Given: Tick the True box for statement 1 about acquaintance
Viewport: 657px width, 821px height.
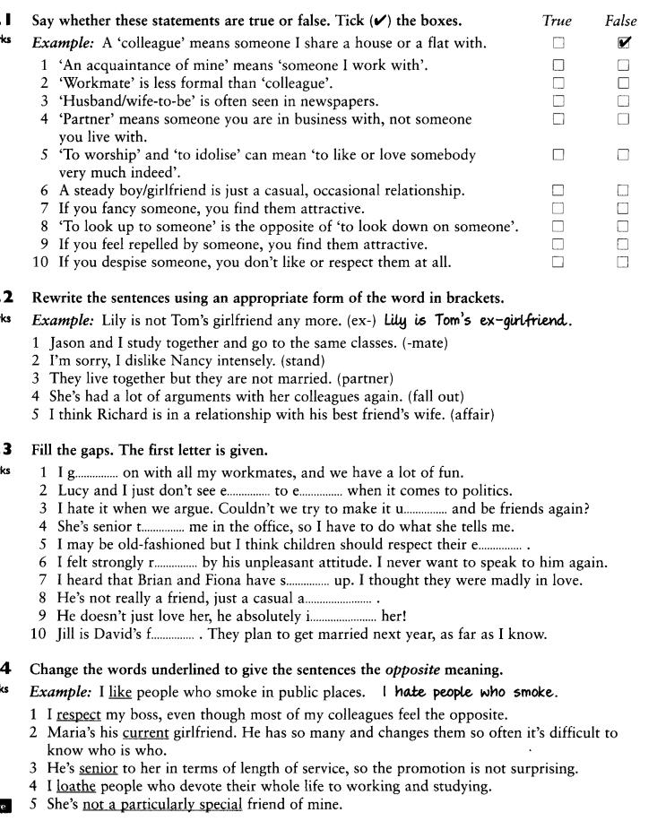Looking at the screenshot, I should pos(558,65).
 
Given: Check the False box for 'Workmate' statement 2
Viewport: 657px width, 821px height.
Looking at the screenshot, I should pos(623,82).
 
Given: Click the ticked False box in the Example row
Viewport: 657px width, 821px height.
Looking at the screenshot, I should pos(624,42).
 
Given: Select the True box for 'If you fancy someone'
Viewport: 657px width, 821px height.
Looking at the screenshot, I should pos(558,208).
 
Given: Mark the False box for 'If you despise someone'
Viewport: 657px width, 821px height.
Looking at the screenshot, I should pos(623,262).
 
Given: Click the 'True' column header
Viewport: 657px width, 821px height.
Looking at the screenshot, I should pos(558,21).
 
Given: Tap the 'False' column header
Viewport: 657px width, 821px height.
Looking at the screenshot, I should pos(621,21).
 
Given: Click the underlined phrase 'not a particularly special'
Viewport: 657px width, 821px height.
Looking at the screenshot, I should pos(162,805).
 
